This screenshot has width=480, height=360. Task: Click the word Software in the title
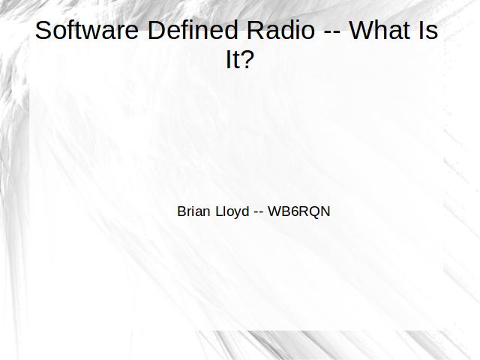click(x=87, y=30)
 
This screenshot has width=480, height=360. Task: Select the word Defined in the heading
click(x=193, y=30)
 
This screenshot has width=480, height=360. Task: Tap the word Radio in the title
click(x=280, y=30)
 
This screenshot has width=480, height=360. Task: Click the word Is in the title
click(x=428, y=30)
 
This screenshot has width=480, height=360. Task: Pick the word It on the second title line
click(x=232, y=59)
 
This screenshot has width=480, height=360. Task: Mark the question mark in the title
click(x=247, y=58)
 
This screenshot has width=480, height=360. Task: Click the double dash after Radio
click(x=332, y=32)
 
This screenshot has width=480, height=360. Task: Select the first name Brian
click(x=193, y=211)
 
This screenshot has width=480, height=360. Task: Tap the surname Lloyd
click(x=232, y=211)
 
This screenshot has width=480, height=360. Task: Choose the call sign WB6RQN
click(x=299, y=211)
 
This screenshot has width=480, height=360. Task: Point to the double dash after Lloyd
click(x=259, y=213)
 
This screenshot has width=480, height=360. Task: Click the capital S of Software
click(x=43, y=30)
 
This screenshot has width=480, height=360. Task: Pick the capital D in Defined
click(x=157, y=30)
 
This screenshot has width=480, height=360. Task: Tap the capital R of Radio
click(x=256, y=30)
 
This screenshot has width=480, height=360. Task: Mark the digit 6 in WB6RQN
click(x=294, y=211)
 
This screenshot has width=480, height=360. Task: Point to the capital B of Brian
click(x=181, y=211)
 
